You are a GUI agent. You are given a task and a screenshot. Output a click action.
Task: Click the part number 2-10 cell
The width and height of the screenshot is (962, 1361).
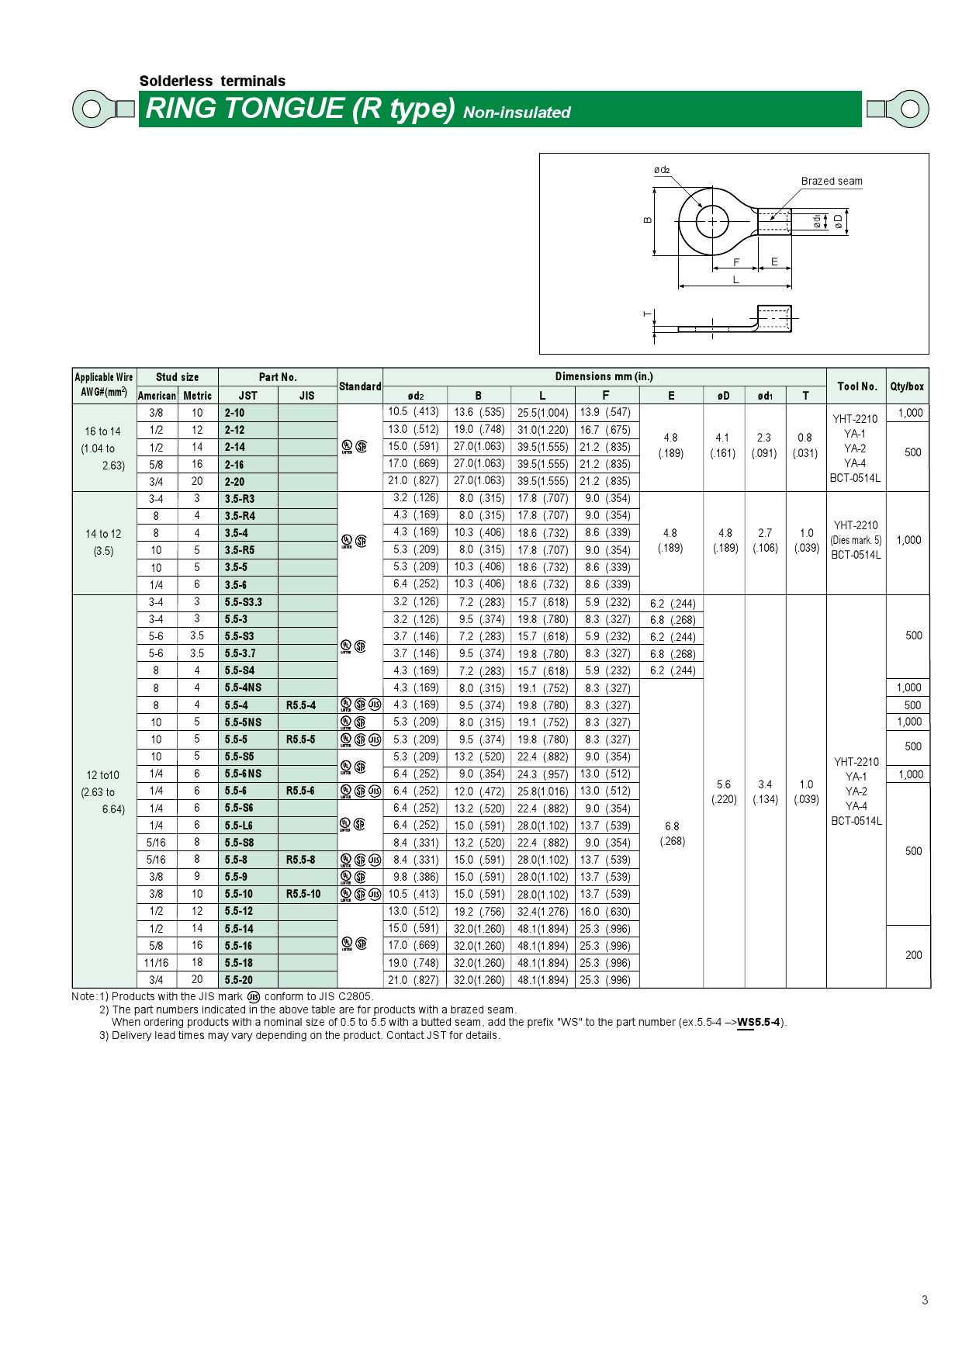[x=235, y=414]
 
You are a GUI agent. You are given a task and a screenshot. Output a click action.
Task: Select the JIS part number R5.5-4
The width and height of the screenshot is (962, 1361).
[x=301, y=705]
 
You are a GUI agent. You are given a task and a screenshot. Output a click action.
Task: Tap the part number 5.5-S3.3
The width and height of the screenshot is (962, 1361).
[x=244, y=602]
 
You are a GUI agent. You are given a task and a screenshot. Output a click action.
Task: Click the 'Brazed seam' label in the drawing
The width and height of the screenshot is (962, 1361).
[x=831, y=181]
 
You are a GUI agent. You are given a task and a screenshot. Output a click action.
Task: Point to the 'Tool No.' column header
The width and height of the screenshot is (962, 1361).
[x=856, y=386]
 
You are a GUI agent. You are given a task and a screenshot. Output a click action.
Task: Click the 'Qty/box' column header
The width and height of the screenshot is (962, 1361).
[x=907, y=386]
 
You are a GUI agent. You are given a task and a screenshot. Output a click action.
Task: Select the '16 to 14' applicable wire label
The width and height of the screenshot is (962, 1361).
[x=103, y=431]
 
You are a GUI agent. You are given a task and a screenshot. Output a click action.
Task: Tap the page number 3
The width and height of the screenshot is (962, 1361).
[x=924, y=1300]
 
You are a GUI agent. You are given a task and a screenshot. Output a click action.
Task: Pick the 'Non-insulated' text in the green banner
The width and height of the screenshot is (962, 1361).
[x=517, y=113]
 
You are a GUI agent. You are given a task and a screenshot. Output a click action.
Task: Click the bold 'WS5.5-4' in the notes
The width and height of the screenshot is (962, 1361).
[x=758, y=1022]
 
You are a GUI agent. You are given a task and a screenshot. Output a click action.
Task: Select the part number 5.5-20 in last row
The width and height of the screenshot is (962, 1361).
[x=239, y=980]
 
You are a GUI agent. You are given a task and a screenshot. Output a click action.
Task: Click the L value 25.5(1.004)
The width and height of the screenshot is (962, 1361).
[x=542, y=413]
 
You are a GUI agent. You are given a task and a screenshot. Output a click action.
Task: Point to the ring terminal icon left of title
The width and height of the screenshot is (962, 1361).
[x=102, y=109]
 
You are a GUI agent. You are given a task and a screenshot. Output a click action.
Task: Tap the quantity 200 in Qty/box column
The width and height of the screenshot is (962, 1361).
[x=913, y=955]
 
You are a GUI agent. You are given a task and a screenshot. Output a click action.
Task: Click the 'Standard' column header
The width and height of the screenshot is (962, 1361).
[x=360, y=386]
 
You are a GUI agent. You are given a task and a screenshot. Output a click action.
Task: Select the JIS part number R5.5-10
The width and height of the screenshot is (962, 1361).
[x=303, y=894]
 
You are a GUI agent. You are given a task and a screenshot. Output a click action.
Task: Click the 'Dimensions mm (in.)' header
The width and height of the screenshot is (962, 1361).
[x=604, y=376]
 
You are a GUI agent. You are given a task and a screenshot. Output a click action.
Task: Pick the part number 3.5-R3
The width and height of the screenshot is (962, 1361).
[x=240, y=499]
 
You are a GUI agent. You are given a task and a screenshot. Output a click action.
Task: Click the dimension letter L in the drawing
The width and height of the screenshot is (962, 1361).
[x=735, y=280]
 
